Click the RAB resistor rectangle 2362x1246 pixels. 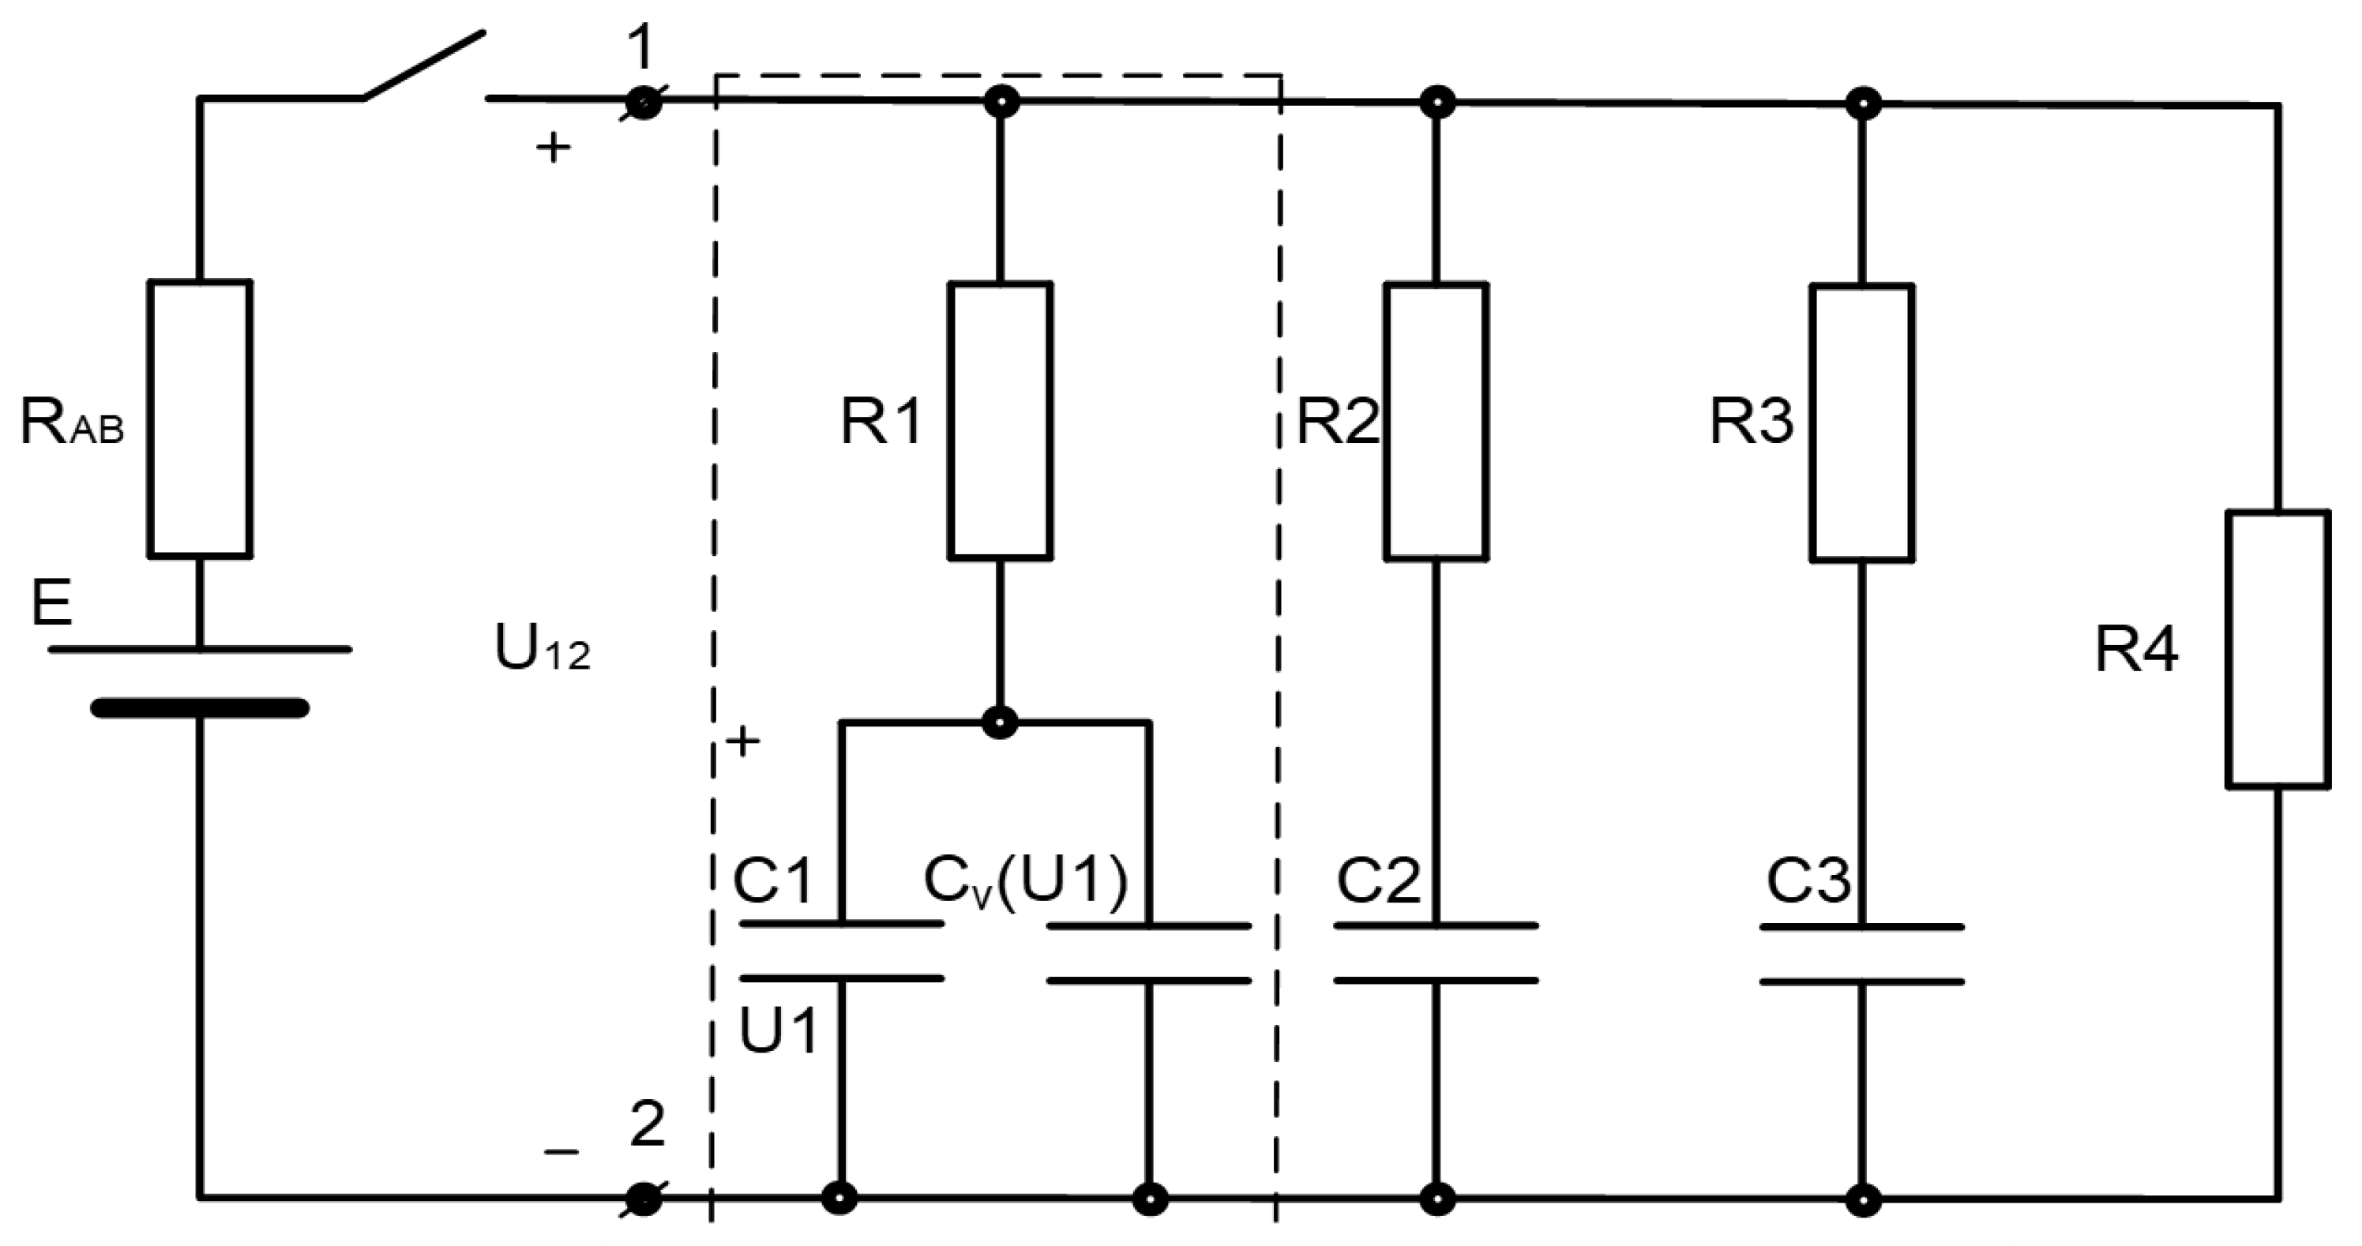[x=200, y=419]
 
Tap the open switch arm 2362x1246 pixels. [x=423, y=65]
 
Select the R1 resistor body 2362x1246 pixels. [x=1000, y=421]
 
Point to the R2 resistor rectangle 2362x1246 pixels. [x=1436, y=422]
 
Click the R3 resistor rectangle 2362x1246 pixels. [x=1861, y=422]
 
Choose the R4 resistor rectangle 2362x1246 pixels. [x=2278, y=649]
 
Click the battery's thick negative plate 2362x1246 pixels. [x=200, y=707]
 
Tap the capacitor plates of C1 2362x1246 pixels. [x=841, y=951]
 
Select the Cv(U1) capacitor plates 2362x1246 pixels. [x=1149, y=954]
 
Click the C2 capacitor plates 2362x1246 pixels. [x=1436, y=954]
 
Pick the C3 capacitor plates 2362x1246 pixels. [x=1861, y=955]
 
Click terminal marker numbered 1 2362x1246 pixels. [x=644, y=103]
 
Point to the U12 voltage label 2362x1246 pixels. [x=541, y=648]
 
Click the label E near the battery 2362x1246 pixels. [x=51, y=603]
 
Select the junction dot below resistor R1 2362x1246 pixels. [x=1000, y=722]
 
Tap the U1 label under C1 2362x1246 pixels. [x=778, y=1030]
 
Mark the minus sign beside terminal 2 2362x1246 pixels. [x=561, y=1151]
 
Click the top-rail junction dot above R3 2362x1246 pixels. [x=1862, y=103]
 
